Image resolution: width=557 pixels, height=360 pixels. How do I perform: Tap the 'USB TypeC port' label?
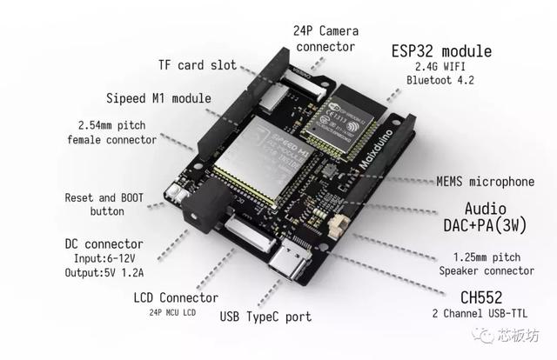pos(266,317)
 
